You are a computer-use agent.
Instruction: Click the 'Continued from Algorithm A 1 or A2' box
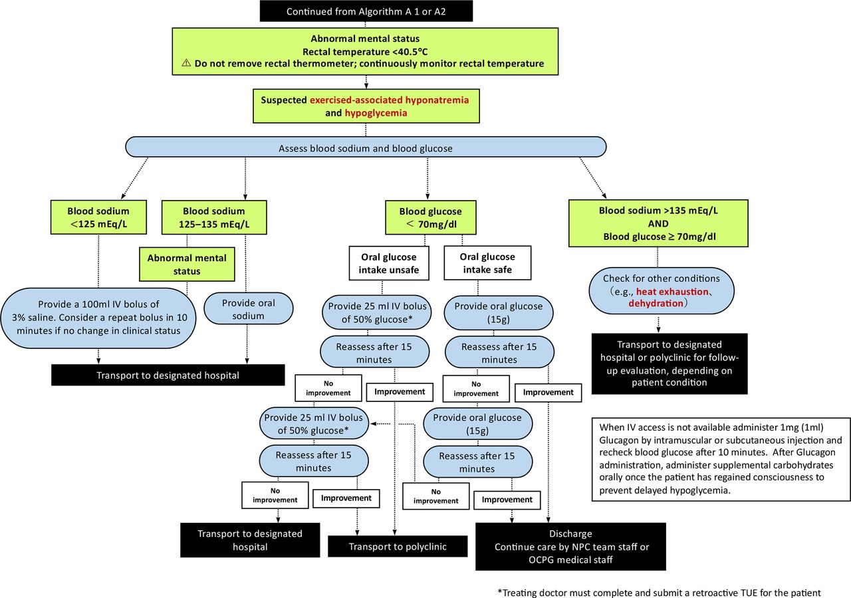click(366, 11)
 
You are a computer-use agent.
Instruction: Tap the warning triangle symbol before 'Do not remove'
click(186, 62)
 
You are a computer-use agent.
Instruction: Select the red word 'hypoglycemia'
click(376, 113)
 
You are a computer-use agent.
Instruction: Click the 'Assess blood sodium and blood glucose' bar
click(366, 148)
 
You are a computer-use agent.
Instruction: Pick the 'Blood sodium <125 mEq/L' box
click(98, 217)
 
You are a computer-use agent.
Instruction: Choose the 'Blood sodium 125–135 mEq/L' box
click(214, 217)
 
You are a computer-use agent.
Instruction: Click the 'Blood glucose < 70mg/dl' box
click(430, 217)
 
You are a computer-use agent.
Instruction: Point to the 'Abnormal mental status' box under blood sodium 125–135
click(187, 264)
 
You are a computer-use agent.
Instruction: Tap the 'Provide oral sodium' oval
click(249, 309)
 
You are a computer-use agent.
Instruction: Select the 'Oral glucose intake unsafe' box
click(389, 263)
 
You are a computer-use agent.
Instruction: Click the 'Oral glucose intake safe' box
click(487, 262)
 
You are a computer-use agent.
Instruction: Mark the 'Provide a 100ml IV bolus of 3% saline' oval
click(99, 318)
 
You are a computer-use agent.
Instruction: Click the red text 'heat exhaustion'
click(672, 292)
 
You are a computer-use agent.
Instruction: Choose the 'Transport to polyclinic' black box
click(398, 546)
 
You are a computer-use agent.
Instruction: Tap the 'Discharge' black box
click(570, 546)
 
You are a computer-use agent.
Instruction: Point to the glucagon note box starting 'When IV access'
click(721, 459)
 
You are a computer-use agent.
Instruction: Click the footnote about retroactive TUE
click(659, 592)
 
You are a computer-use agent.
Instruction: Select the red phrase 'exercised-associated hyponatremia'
click(390, 100)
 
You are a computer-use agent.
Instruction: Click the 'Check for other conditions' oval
click(662, 291)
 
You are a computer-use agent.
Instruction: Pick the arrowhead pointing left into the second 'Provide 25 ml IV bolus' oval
click(373, 423)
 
